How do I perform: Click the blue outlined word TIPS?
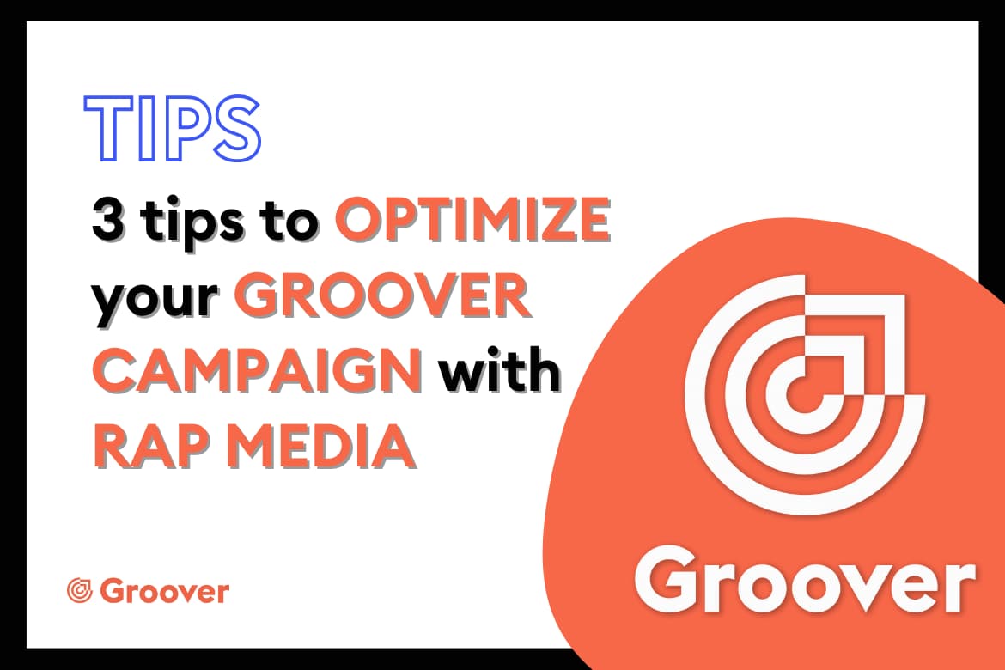click(x=173, y=128)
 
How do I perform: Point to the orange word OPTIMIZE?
click(x=473, y=220)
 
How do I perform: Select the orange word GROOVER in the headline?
click(x=382, y=295)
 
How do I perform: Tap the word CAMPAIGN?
click(x=257, y=370)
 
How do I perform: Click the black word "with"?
click(x=500, y=369)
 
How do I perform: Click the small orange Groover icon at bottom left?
click(x=80, y=590)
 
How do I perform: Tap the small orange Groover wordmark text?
click(x=165, y=591)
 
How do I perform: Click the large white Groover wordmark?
click(x=806, y=579)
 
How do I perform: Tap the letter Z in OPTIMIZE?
click(x=549, y=220)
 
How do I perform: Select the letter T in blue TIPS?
click(x=109, y=128)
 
